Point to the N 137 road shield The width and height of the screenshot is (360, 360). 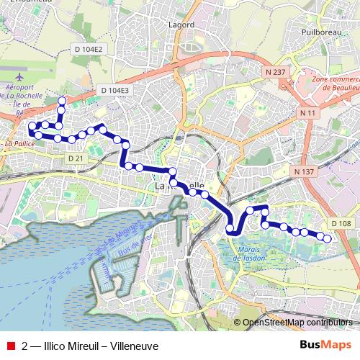click(305, 171)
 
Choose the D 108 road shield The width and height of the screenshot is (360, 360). click(341, 224)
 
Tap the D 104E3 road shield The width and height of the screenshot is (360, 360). click(114, 90)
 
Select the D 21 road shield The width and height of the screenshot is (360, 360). click(75, 158)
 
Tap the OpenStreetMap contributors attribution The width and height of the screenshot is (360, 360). click(297, 323)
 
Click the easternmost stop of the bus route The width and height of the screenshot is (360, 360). click(328, 238)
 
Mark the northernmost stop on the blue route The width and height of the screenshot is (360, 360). click(62, 100)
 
